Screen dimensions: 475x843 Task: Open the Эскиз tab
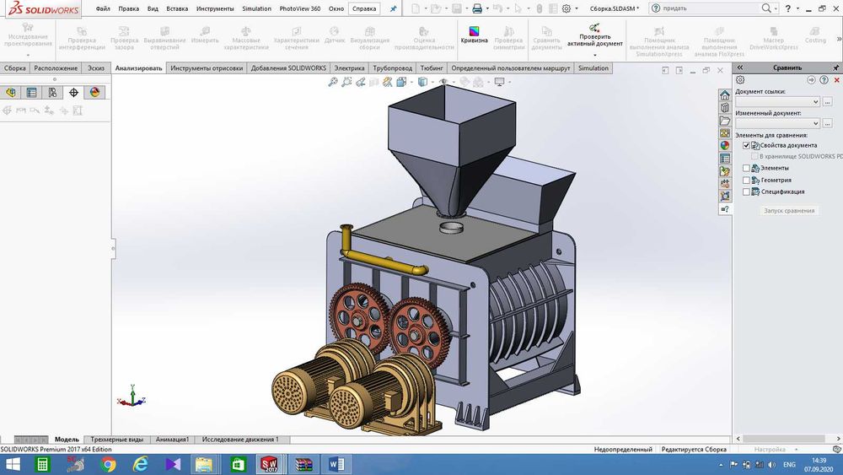pos(96,68)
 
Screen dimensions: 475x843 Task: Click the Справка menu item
pos(364,8)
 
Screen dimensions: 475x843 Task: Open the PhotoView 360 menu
pos(300,8)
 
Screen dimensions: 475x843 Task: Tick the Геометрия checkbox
pos(745,180)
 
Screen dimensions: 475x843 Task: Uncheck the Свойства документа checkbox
pos(746,145)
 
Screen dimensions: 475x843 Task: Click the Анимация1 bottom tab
pos(173,440)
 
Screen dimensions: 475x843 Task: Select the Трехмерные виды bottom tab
pos(117,440)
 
